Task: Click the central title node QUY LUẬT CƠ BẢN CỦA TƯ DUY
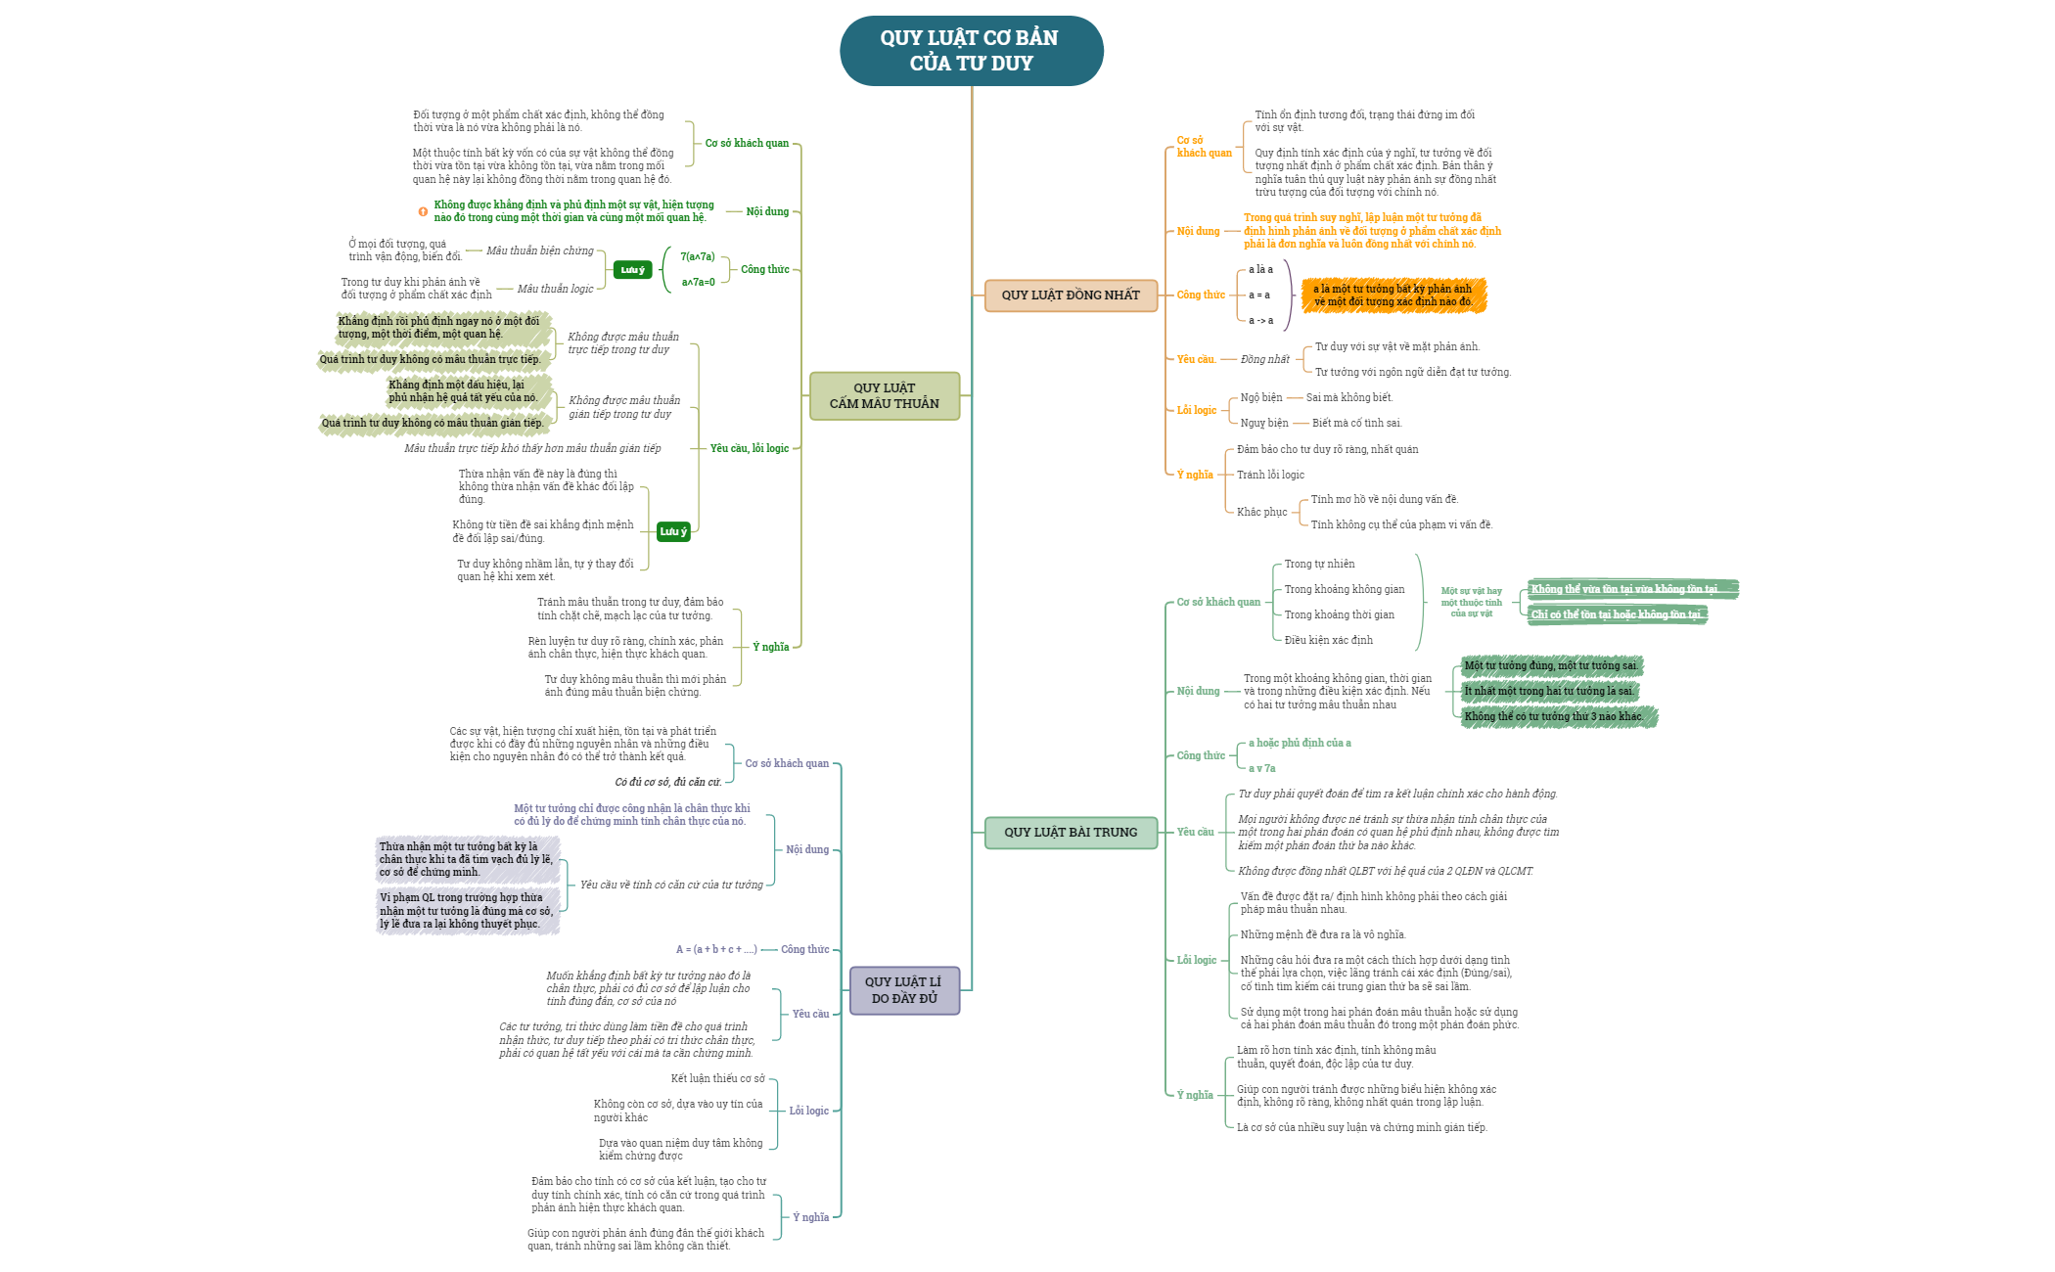point(971,51)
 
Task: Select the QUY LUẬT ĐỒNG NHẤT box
point(1071,295)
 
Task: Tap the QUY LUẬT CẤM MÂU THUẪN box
point(884,396)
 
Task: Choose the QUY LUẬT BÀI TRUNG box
point(1071,833)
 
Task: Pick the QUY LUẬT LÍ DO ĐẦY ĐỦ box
point(904,990)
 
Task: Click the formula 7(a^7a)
point(698,257)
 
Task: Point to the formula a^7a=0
point(699,283)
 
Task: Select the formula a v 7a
point(1261,769)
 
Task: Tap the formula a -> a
point(1260,321)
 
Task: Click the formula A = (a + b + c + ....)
point(716,950)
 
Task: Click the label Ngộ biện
point(1260,398)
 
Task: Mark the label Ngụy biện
point(1264,424)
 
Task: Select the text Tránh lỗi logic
point(1270,476)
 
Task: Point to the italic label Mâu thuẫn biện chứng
point(540,251)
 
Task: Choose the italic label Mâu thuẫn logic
point(555,290)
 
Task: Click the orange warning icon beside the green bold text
point(423,211)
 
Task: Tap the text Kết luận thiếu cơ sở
point(717,1079)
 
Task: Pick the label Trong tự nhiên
point(1319,565)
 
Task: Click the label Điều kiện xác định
point(1328,641)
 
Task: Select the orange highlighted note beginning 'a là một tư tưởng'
point(1393,295)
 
